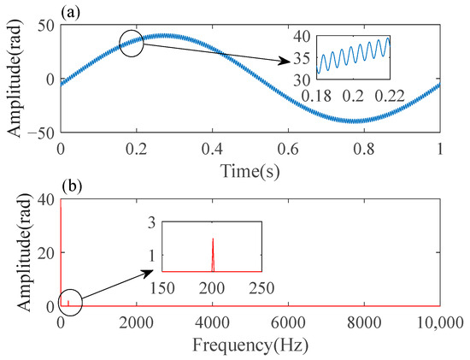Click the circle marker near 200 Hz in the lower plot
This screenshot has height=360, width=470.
[69, 302]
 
